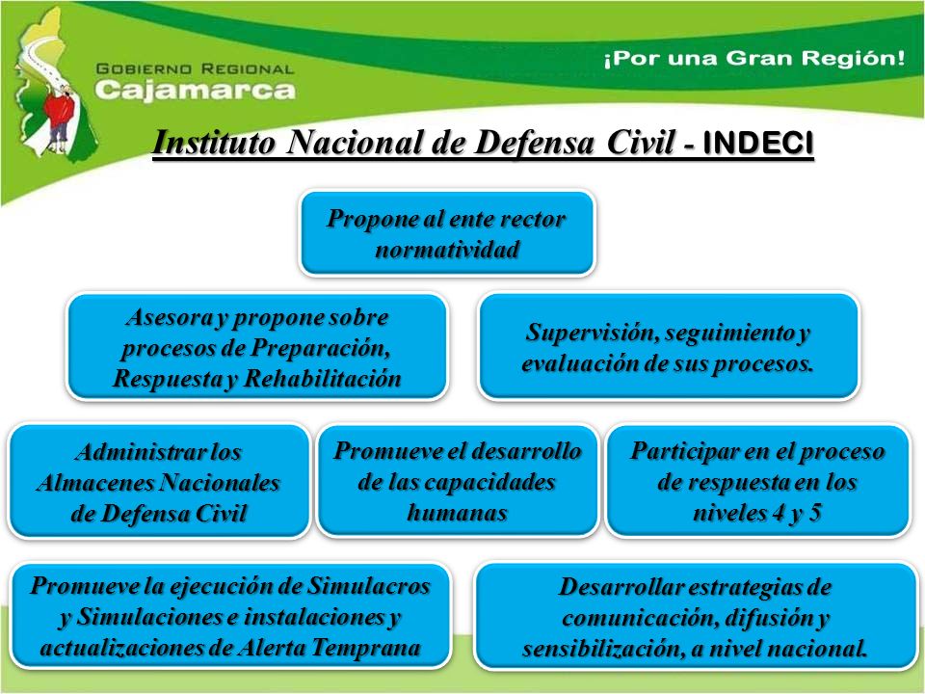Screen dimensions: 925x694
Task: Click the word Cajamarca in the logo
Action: pos(195,90)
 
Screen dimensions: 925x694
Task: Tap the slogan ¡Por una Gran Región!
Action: pos(753,59)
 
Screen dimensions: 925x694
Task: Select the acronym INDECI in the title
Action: pos(758,144)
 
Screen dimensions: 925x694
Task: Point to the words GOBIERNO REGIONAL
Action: pos(195,69)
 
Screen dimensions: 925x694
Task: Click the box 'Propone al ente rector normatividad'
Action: pos(447,233)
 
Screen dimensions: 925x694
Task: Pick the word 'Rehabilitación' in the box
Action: pos(323,378)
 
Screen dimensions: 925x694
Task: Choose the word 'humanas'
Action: pos(457,512)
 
